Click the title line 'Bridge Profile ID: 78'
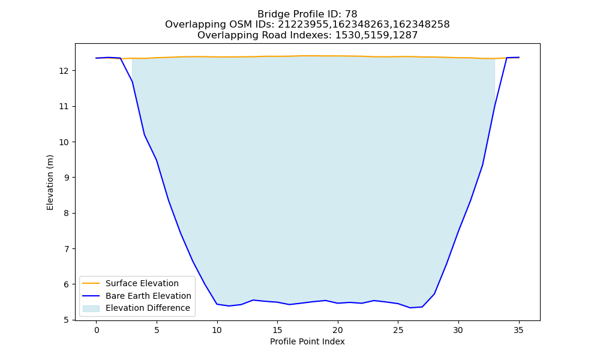pos(307,14)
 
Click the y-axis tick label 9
pos(67,178)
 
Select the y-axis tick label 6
pos(67,284)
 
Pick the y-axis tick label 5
pos(67,320)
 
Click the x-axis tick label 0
pos(97,330)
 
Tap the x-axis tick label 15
pos(277,330)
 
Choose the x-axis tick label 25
pos(398,330)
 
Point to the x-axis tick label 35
pos(518,330)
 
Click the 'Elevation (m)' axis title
pos(50,182)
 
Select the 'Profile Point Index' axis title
pos(307,341)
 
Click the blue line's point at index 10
pos(217,304)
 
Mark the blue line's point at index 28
pos(434,294)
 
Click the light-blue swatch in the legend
pos(91,308)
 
